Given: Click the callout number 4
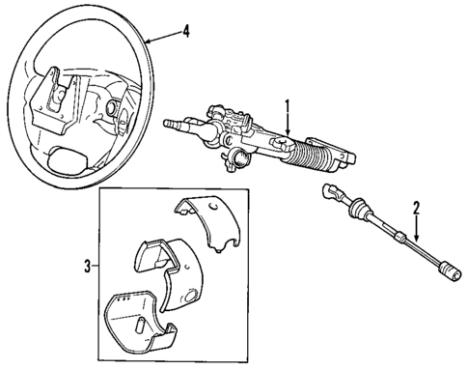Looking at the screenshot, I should (x=188, y=31).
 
